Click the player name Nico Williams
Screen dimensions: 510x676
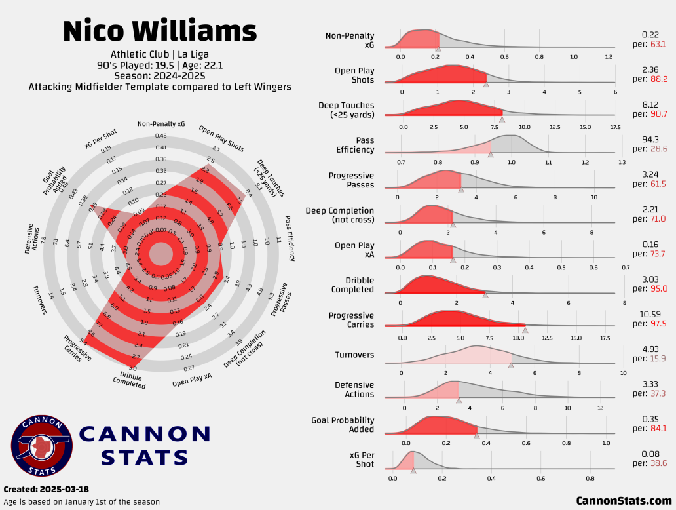click(x=160, y=31)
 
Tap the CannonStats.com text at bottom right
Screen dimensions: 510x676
click(x=624, y=501)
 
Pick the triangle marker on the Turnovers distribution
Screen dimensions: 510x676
click(x=511, y=365)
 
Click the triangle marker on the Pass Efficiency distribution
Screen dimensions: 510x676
click(x=491, y=153)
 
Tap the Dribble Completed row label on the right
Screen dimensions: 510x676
click(x=352, y=285)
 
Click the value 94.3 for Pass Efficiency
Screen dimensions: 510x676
click(x=650, y=140)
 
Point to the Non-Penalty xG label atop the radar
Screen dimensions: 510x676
click(x=161, y=124)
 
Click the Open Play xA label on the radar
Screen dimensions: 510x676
click(x=192, y=380)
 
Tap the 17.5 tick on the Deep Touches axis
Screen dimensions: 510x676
click(x=616, y=127)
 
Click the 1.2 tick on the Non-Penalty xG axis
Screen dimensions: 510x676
click(x=609, y=57)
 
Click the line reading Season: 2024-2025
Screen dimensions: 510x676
click(x=160, y=75)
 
